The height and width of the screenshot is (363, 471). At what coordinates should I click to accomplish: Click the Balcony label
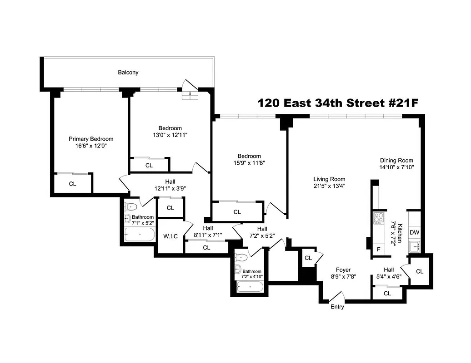(128, 72)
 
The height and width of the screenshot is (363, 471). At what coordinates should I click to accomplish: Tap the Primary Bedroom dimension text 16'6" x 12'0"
(90, 146)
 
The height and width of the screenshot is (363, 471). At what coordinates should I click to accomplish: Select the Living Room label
(329, 179)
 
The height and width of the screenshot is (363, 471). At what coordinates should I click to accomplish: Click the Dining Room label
(396, 160)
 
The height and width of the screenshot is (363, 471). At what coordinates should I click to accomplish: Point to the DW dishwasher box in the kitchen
(414, 232)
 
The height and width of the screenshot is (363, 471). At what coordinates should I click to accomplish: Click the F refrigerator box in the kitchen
(377, 249)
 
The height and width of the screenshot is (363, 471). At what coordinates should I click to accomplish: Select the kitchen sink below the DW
(414, 246)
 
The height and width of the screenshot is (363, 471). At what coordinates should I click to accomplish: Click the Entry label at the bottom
(337, 307)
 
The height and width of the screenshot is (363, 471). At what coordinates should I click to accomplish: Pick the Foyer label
(343, 270)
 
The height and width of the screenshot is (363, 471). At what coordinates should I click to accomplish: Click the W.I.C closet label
(170, 236)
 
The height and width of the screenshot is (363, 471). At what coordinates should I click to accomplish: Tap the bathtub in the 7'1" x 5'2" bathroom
(139, 235)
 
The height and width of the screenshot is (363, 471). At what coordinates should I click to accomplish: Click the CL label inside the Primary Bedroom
(72, 184)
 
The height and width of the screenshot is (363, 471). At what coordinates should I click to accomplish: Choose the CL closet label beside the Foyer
(308, 258)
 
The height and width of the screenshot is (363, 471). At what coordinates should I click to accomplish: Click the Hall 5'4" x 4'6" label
(388, 272)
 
